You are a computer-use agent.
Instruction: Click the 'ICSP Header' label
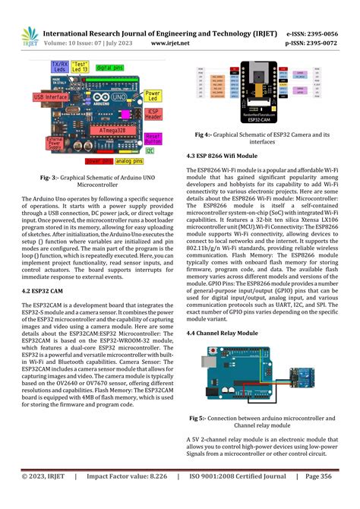tap(154, 115)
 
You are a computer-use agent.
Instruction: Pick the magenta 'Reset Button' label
tap(153, 138)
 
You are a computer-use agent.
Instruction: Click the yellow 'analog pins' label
tap(129, 161)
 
